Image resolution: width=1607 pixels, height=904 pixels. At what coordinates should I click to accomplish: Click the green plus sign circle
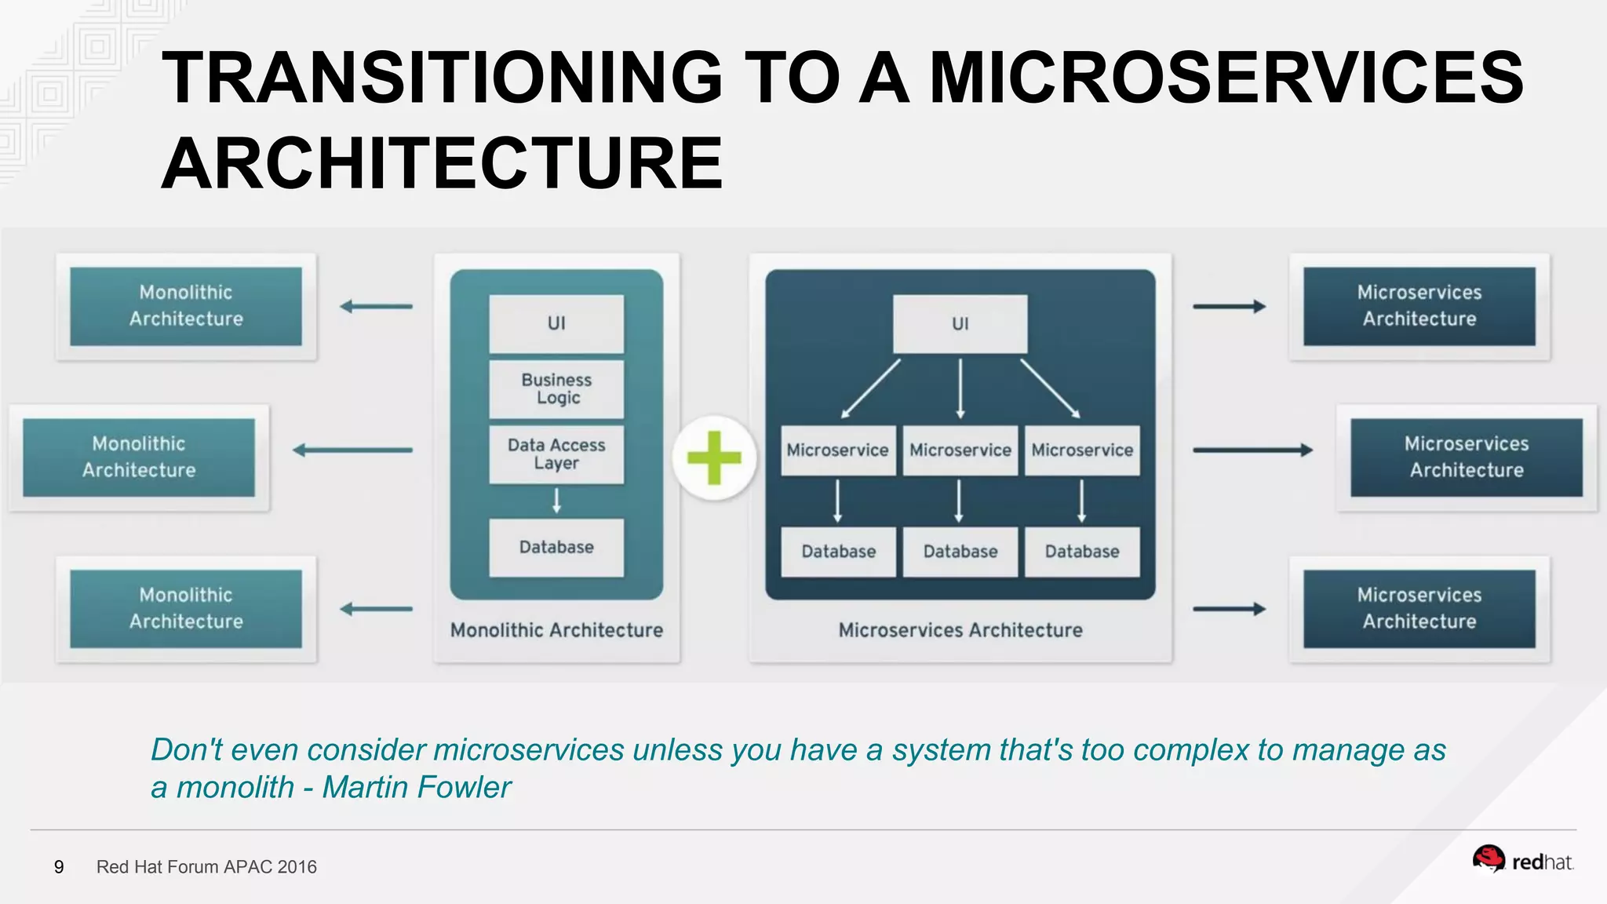click(x=714, y=457)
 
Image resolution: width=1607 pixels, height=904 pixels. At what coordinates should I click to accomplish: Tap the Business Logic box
click(x=556, y=389)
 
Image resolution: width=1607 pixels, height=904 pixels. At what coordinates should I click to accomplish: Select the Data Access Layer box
click(x=556, y=454)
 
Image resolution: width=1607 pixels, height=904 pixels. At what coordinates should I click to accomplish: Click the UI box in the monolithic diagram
click(x=556, y=323)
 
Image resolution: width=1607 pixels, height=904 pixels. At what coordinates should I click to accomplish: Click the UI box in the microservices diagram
click(x=960, y=323)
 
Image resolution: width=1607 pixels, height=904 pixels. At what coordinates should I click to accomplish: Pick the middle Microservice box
click(x=960, y=450)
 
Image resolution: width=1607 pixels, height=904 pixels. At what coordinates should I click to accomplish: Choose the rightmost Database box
click(x=1081, y=552)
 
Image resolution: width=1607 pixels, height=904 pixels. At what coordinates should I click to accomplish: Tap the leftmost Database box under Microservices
click(x=838, y=552)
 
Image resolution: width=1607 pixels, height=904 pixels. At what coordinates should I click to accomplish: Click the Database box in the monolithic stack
click(x=556, y=547)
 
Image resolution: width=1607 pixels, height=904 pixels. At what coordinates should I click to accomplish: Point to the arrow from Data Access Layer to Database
click(x=556, y=501)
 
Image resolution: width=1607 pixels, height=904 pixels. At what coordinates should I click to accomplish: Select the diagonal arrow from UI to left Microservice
click(x=871, y=388)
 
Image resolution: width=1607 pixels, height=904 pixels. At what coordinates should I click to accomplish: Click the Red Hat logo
click(x=1522, y=861)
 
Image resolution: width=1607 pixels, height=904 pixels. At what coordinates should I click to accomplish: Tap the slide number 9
click(x=59, y=867)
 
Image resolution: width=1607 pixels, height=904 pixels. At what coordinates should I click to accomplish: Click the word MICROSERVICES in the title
click(x=1226, y=78)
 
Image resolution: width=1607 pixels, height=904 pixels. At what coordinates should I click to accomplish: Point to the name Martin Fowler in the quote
click(x=417, y=787)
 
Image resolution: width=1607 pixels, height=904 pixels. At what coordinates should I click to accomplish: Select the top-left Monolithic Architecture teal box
click(x=186, y=306)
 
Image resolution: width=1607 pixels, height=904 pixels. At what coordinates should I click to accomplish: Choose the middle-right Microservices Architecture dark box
click(x=1466, y=457)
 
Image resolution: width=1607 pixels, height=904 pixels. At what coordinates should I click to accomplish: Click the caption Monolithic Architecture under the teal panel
click(x=556, y=630)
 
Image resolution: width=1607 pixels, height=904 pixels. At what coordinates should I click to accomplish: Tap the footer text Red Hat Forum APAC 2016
click(x=206, y=867)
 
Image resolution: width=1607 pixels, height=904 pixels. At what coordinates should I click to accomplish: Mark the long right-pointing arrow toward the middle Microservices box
click(x=1252, y=450)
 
